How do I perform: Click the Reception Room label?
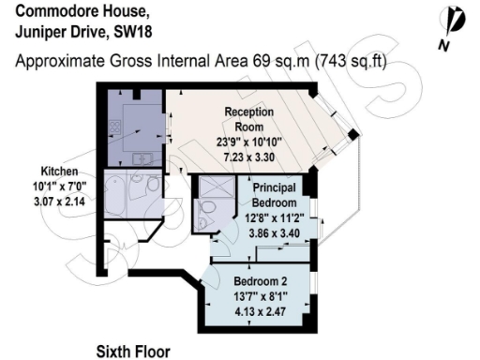[x=248, y=119]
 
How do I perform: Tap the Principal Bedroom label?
[x=274, y=195]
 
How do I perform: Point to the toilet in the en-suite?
[x=202, y=223]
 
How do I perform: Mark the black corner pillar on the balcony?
[x=352, y=137]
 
